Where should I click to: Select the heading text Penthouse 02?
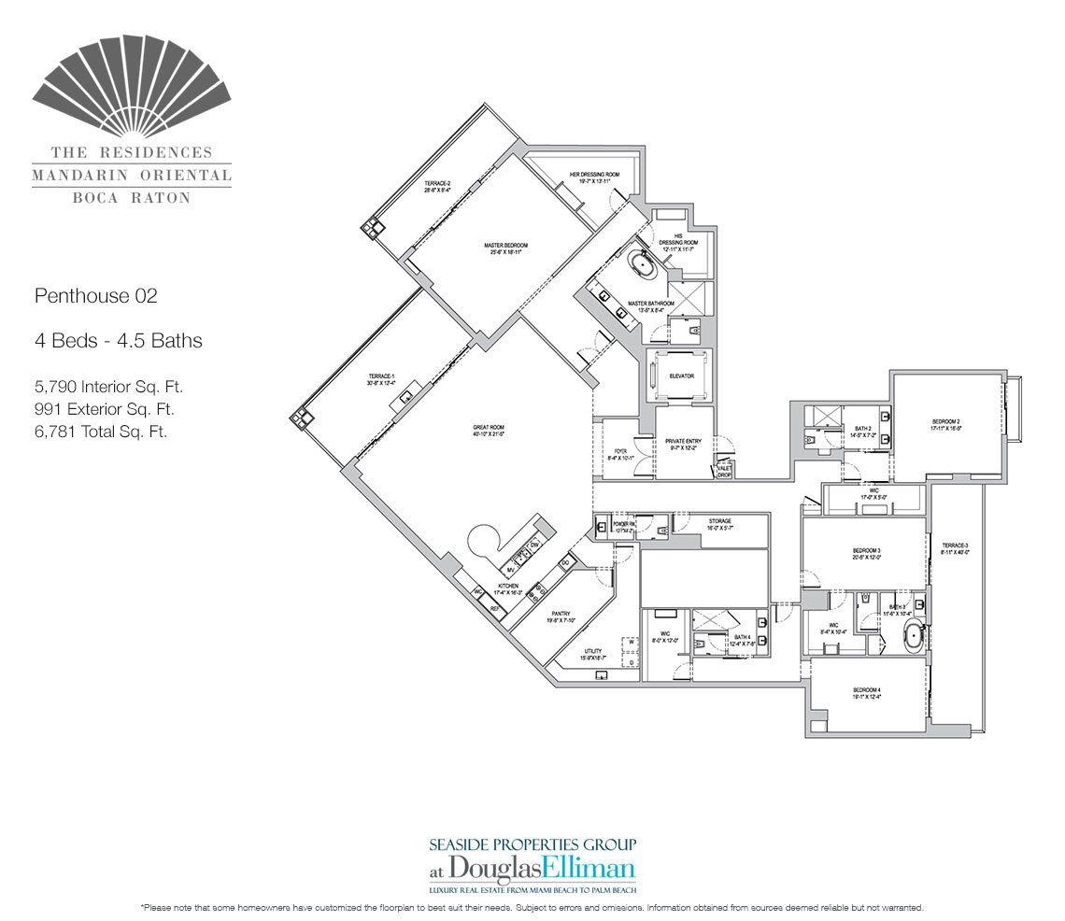[x=95, y=297]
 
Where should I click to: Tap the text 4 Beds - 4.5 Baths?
[x=118, y=341]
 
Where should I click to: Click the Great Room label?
[x=489, y=430]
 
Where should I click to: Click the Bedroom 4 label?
[x=866, y=692]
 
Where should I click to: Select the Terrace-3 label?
[x=954, y=547]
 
